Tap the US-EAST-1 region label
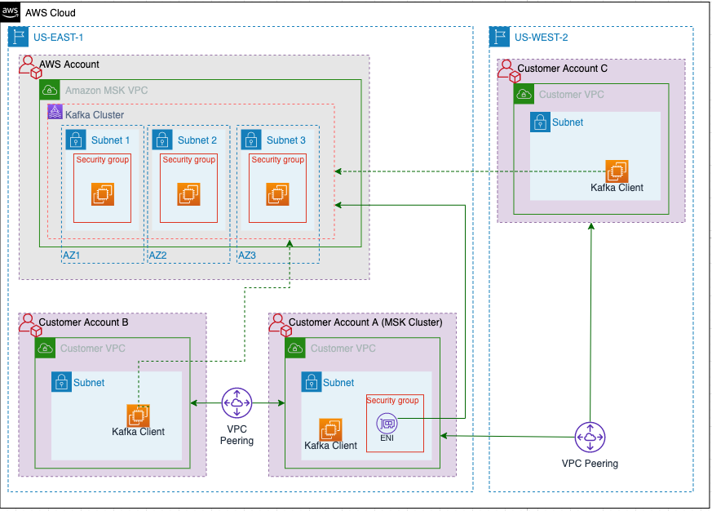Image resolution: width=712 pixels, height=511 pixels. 58,37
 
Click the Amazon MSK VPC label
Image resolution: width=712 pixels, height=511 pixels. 106,91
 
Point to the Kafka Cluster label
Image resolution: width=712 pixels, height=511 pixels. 95,115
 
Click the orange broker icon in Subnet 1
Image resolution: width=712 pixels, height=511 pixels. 102,194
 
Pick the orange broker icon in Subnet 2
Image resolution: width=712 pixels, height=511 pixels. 188,194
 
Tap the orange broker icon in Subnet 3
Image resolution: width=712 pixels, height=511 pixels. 277,194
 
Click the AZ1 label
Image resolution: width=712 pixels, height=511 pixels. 72,255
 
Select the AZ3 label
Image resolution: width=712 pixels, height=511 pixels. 246,255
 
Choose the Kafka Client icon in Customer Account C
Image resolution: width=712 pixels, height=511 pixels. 617,171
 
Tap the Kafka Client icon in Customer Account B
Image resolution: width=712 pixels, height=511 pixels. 137,415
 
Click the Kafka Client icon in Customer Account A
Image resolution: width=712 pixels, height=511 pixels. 330,429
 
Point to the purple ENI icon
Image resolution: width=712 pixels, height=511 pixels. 387,424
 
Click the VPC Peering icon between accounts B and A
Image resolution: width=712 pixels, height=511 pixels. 237,402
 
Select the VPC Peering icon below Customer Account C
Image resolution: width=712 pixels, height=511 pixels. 589,438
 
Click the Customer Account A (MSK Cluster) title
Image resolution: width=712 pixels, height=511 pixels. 365,322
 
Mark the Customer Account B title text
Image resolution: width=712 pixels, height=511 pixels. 83,322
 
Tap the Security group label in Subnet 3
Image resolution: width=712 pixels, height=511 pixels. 277,160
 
